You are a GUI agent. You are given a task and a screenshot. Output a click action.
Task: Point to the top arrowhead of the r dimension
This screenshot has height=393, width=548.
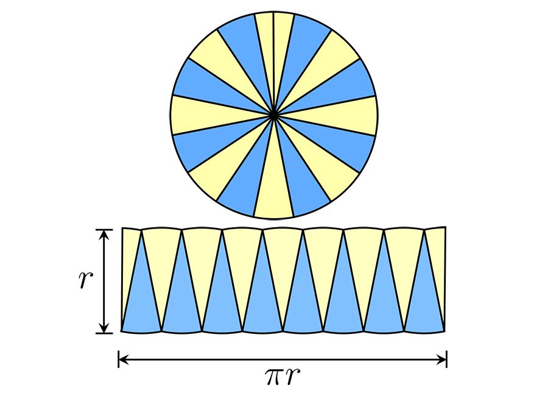[x=105, y=233]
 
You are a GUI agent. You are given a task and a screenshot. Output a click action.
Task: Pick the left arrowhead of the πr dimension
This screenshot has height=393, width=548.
[x=122, y=359]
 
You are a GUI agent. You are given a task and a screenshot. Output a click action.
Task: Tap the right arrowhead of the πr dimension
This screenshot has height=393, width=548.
[x=443, y=359]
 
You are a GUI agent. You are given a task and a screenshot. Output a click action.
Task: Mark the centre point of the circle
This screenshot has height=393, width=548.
[x=274, y=114]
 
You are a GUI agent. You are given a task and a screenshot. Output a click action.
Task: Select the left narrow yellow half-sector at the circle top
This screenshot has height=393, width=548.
[x=265, y=43]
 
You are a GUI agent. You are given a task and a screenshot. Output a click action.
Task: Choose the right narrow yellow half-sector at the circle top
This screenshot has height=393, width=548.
[x=283, y=43]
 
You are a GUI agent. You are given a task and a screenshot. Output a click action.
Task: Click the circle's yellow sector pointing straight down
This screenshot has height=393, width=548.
[x=273, y=189]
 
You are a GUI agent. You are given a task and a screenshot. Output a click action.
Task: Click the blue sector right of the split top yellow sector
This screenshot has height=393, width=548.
[x=302, y=49]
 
